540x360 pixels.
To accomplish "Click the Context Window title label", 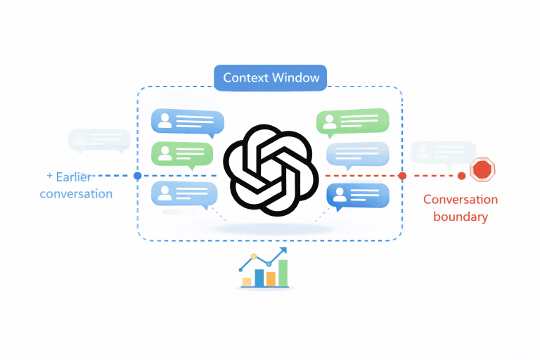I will (271, 77).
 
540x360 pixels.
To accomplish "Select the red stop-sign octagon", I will (482, 169).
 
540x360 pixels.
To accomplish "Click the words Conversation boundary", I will (461, 208).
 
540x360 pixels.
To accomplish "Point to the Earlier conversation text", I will (77, 186).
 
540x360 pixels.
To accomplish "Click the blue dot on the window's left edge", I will (138, 176).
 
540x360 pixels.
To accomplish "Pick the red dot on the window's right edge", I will (402, 176).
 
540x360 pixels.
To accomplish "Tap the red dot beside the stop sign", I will (461, 176).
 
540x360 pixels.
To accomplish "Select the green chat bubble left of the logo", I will (182, 153).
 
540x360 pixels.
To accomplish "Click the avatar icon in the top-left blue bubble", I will (165, 121).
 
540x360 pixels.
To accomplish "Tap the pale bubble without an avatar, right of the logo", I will (357, 153).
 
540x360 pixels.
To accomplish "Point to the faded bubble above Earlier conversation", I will (98, 139).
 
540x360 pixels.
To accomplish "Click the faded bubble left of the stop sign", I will (442, 152).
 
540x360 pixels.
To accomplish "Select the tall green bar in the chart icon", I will (283, 273).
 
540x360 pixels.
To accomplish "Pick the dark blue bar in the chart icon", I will (259, 278).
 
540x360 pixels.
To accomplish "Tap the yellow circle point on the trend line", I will (255, 257).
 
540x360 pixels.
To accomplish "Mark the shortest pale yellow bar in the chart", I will (247, 282).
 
